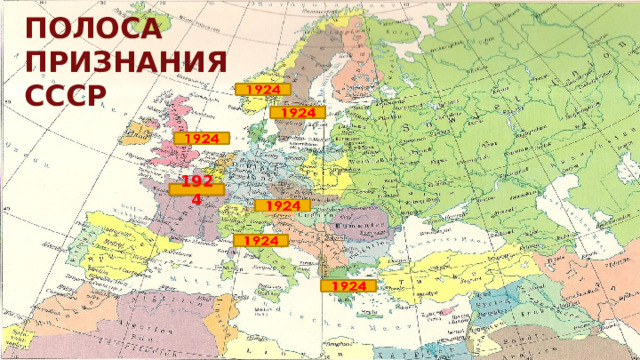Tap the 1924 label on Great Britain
coord(202,138)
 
